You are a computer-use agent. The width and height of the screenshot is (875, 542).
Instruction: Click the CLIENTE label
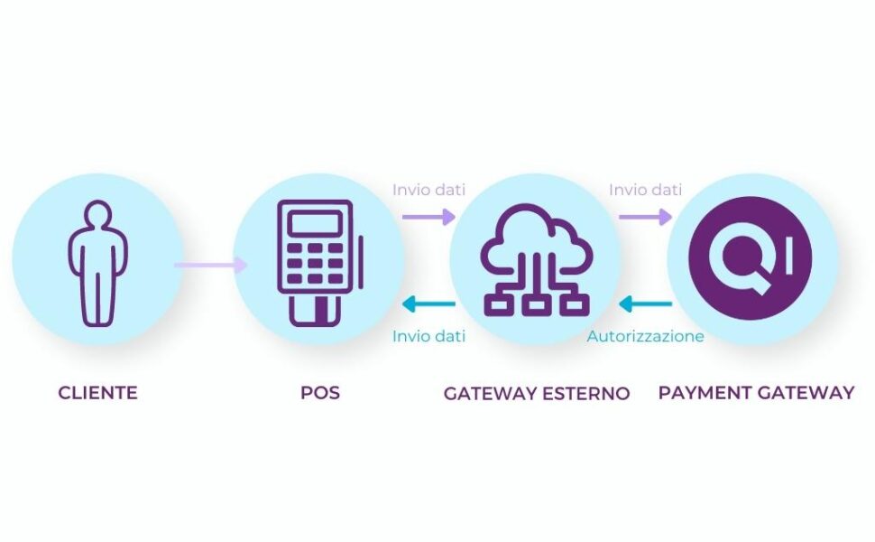point(97,393)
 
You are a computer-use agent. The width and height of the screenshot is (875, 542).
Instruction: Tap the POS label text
point(319,393)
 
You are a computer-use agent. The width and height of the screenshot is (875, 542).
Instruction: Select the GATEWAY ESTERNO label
point(536,393)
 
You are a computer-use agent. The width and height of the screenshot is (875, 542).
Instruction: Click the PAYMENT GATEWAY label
point(756,393)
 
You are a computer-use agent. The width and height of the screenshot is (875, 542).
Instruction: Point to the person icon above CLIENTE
point(97,263)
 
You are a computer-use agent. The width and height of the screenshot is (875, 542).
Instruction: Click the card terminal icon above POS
point(319,263)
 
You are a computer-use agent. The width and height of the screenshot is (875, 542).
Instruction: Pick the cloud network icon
point(536,260)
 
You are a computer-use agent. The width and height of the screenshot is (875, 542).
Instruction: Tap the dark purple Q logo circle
point(751,258)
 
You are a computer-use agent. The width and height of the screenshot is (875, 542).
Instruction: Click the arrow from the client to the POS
point(210,265)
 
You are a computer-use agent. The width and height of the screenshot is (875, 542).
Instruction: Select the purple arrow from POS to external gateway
point(428,217)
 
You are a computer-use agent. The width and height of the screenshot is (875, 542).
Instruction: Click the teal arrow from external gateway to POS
point(428,304)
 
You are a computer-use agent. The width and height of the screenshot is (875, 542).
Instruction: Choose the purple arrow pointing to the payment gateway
point(646,217)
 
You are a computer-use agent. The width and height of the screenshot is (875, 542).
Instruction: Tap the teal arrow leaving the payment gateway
point(646,304)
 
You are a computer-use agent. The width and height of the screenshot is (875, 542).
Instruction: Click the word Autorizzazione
point(645,336)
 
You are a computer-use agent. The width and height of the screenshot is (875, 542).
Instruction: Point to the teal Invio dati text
point(428,336)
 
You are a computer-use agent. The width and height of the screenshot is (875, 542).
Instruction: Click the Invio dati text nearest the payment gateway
point(645,190)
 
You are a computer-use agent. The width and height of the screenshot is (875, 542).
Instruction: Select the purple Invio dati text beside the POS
point(428,190)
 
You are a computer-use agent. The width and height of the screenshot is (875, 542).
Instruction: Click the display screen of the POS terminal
point(316,223)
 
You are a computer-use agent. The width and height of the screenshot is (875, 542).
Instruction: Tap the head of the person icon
point(97,214)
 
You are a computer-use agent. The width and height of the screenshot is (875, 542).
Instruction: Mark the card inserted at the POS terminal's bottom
point(316,310)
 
